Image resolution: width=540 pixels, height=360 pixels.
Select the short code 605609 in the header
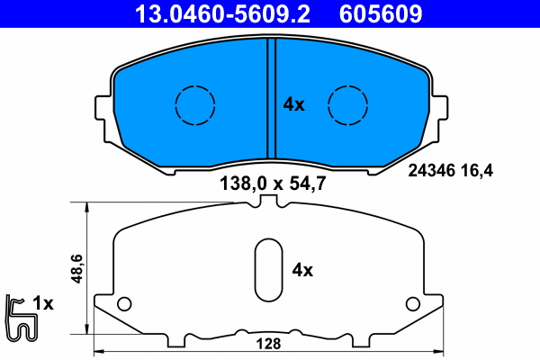tap(380, 13)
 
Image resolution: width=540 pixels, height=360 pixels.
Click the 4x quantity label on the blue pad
tap(294, 104)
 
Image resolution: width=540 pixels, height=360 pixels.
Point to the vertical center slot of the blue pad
tap(270, 101)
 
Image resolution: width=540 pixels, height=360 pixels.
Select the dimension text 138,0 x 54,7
tap(271, 184)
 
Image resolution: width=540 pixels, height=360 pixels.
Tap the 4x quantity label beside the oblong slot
tap(302, 269)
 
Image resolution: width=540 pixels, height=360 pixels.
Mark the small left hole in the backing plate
tap(125, 301)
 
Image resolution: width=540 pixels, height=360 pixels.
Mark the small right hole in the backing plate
tap(412, 301)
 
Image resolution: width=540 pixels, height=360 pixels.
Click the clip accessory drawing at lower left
tap(19, 318)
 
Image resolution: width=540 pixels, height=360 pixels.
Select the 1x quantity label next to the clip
tap(44, 304)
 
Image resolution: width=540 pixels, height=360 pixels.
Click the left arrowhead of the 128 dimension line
tap(98, 351)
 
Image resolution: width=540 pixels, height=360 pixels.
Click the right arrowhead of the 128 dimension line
tap(439, 351)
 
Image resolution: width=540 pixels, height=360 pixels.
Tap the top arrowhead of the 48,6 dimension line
tap(86, 206)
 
